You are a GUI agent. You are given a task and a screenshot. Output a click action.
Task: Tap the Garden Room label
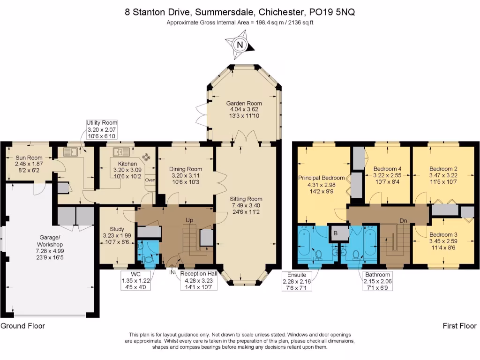point(244,104)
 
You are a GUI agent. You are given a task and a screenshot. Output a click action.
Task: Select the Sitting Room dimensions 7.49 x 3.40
point(246,205)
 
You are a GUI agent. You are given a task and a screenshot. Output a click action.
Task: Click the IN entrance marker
point(172,271)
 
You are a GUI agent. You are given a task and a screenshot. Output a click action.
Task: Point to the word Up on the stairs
point(189,219)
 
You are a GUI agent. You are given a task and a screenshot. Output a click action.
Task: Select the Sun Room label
point(29,158)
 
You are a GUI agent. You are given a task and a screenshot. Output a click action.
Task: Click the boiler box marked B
point(335,232)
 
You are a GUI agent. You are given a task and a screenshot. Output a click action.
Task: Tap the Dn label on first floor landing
point(403,220)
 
